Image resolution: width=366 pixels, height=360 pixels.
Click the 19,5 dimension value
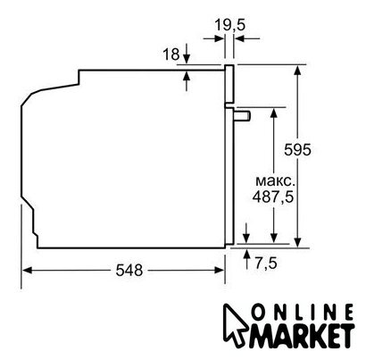click(230, 24)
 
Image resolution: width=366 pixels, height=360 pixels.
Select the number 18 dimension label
click(171, 54)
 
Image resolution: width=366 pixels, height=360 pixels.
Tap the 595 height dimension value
click(297, 149)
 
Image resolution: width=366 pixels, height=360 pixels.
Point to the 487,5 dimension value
click(273, 197)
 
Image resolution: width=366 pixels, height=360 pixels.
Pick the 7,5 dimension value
click(266, 263)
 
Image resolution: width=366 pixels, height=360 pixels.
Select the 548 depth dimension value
click(129, 271)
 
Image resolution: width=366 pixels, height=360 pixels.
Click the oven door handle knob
click(243, 115)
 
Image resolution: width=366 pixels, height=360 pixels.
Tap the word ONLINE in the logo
click(303, 314)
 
